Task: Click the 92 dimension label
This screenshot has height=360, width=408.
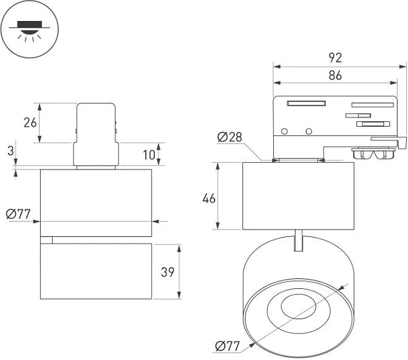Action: click(335, 58)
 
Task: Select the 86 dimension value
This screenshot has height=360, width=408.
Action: click(335, 75)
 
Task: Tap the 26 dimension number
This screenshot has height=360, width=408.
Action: click(30, 122)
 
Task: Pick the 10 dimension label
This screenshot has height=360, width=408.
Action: click(148, 154)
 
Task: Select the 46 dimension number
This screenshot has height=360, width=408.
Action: click(209, 198)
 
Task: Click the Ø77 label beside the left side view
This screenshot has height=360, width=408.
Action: click(18, 215)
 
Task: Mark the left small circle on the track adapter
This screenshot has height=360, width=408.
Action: click(284, 131)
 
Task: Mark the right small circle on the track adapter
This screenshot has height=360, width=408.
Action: click(308, 131)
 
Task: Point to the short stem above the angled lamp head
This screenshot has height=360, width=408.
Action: click(299, 241)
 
